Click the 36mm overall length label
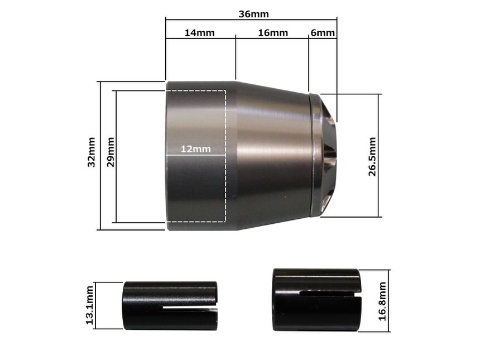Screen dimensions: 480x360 tap(253, 14)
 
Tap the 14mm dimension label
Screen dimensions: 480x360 tap(199, 33)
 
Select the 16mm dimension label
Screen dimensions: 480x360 tap(273, 33)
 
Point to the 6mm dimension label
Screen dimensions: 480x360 tap(323, 33)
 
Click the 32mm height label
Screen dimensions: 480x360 tap(92, 152)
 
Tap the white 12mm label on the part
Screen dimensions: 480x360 tap(195, 149)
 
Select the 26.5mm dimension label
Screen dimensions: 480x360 tap(372, 156)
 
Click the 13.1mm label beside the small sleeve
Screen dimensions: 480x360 tap(89, 305)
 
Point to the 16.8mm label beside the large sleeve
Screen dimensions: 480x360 tap(382, 301)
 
